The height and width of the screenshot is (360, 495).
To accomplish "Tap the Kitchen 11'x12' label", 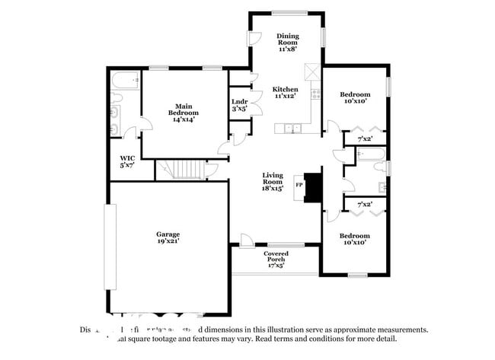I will pyautogui.click(x=285, y=93).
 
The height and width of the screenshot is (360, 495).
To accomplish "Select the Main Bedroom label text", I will pyautogui.click(x=183, y=113).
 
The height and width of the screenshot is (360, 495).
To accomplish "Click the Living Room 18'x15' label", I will pyautogui.click(x=273, y=183).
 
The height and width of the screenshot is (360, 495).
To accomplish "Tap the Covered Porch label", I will pyautogui.click(x=276, y=260).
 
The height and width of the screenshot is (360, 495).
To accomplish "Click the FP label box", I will pyautogui.click(x=299, y=183).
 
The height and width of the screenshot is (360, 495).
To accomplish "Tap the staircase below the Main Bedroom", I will pyautogui.click(x=180, y=170).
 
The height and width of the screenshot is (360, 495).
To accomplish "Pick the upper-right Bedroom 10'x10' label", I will pyautogui.click(x=355, y=97).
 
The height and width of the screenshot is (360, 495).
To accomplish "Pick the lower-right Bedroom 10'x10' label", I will pyautogui.click(x=355, y=239).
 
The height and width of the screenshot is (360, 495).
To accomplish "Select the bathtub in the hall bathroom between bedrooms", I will pyautogui.click(x=372, y=156).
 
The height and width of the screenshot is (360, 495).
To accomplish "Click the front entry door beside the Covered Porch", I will pyautogui.click(x=246, y=241).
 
